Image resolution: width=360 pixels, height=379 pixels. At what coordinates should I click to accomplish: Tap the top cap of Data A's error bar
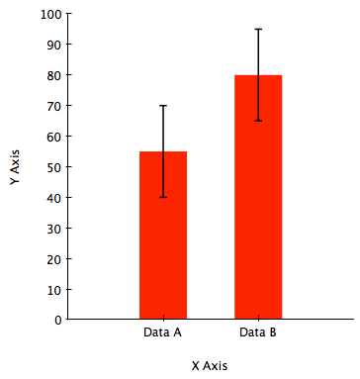pyautogui.click(x=163, y=106)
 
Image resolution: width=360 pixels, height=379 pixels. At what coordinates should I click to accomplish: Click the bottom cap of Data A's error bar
pyautogui.click(x=163, y=197)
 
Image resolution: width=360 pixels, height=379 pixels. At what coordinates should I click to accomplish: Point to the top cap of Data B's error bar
pyautogui.click(x=258, y=29)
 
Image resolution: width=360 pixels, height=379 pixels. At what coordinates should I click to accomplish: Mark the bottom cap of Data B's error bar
pyautogui.click(x=258, y=121)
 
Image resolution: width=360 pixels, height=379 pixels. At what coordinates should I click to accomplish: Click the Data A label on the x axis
pyautogui.click(x=162, y=332)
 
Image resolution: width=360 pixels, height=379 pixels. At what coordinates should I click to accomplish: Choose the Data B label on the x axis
pyautogui.click(x=258, y=332)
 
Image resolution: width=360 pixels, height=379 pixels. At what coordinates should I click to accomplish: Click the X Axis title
pyautogui.click(x=210, y=366)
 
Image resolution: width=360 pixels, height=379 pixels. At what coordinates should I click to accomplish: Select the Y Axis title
pyautogui.click(x=15, y=167)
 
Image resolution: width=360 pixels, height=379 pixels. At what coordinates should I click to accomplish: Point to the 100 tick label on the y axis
pyautogui.click(x=51, y=14)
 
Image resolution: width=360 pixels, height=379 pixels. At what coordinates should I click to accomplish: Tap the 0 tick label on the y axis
pyautogui.click(x=58, y=320)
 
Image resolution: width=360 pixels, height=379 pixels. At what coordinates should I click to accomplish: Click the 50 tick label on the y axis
pyautogui.click(x=54, y=167)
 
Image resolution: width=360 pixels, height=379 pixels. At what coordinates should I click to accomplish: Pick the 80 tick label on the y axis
pyautogui.click(x=54, y=75)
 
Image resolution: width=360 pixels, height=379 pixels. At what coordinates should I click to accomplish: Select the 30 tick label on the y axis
pyautogui.click(x=54, y=229)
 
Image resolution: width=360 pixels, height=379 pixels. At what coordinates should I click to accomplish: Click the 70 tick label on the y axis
pyautogui.click(x=54, y=106)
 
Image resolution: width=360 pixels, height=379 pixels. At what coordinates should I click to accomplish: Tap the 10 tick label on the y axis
pyautogui.click(x=54, y=290)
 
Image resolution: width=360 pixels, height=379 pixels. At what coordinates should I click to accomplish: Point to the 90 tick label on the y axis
pyautogui.click(x=54, y=45)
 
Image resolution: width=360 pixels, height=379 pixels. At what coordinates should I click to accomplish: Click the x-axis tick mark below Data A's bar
pyautogui.click(x=163, y=318)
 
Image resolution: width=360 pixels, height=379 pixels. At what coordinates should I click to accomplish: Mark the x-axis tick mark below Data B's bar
pyautogui.click(x=258, y=318)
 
